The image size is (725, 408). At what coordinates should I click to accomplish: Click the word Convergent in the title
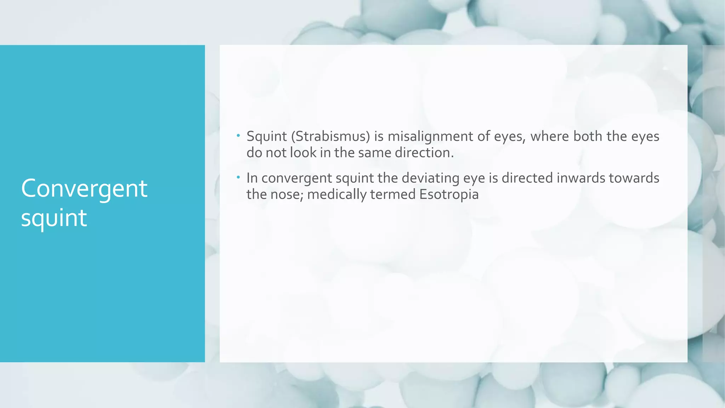84,189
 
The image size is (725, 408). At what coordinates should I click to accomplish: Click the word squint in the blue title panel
54,218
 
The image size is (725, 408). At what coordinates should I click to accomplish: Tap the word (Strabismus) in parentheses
330,136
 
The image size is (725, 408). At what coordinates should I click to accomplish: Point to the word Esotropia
449,194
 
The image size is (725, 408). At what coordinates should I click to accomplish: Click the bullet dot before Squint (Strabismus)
239,135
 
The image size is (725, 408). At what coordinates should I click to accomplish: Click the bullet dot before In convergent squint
239,177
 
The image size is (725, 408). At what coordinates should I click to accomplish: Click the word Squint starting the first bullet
267,136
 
